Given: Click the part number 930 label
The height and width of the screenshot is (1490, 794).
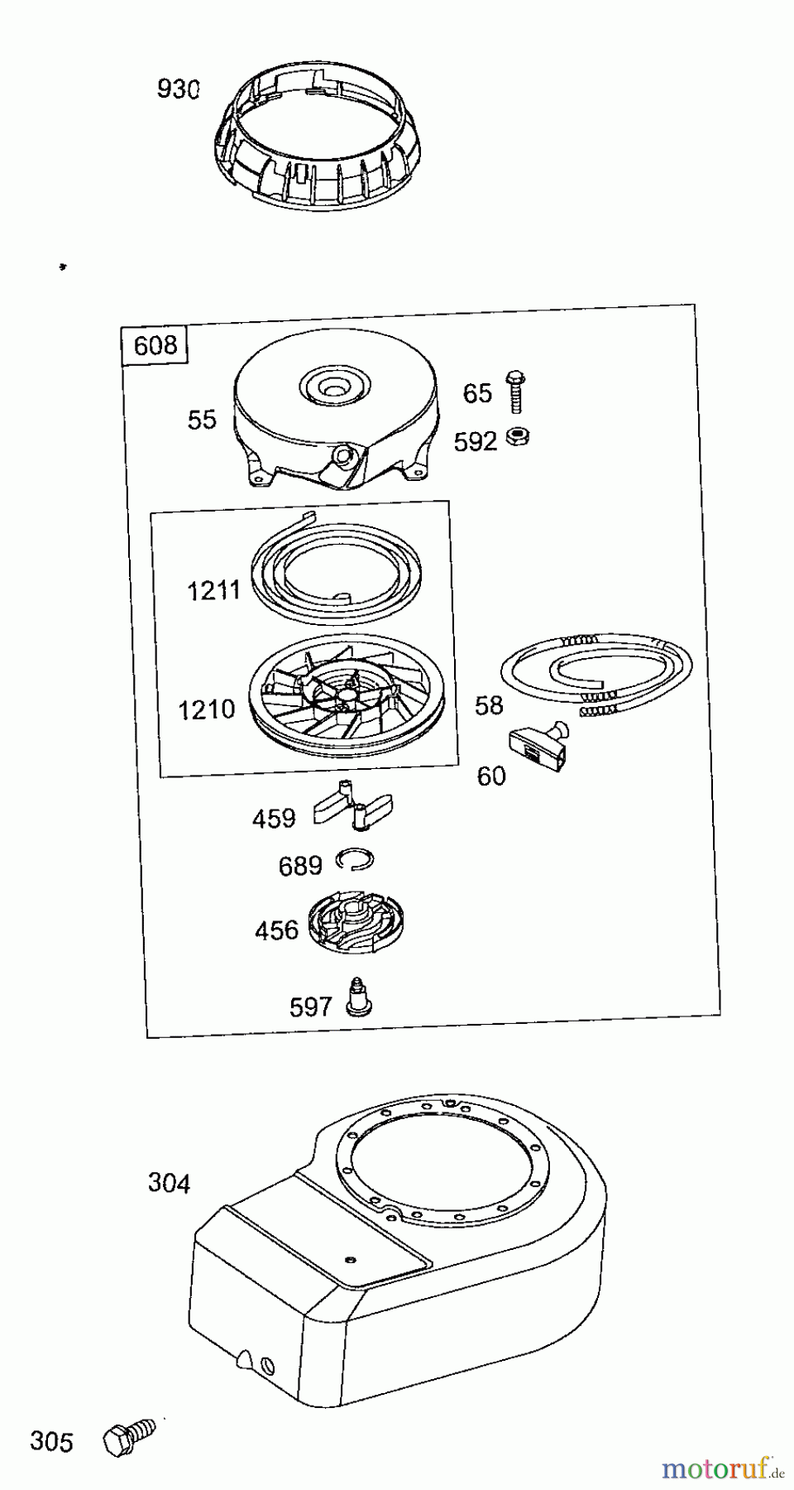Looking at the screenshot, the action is click(179, 89).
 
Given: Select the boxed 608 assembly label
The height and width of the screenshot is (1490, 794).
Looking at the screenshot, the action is click(155, 344).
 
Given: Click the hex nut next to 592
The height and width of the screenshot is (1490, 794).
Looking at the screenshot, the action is click(521, 435).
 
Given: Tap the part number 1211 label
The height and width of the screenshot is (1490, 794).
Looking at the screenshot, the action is click(213, 590).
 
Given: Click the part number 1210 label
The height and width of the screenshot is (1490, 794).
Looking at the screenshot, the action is click(207, 709).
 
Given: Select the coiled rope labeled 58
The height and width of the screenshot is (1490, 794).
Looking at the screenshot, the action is click(596, 670).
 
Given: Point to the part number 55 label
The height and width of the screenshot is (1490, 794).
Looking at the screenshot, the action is click(202, 420).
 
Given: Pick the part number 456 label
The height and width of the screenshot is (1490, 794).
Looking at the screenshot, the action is click(276, 930).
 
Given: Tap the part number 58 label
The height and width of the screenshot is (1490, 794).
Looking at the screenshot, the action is click(489, 705).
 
